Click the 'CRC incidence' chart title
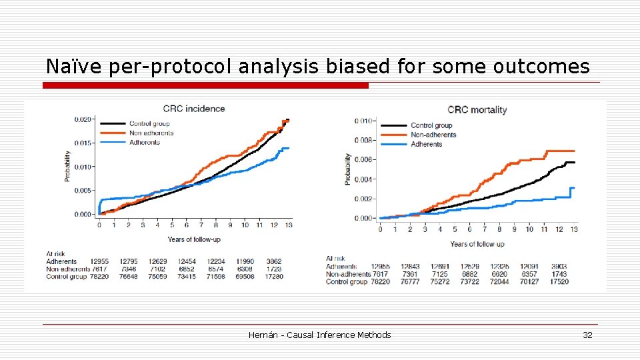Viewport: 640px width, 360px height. tap(194, 109)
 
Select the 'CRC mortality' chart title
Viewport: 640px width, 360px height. tap(477, 110)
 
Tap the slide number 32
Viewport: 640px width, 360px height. tap(587, 335)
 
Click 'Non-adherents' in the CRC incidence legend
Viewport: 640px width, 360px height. tap(151, 133)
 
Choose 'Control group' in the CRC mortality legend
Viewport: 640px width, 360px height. tap(431, 125)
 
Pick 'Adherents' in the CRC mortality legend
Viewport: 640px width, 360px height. tap(426, 144)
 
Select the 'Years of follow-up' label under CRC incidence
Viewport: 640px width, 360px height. tap(195, 239)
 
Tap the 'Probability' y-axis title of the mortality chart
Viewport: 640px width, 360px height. tap(348, 169)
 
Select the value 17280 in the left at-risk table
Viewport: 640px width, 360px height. tap(274, 277)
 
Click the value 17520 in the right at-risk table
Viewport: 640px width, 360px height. tap(559, 282)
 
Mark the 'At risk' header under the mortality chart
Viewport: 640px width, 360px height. tap(335, 259)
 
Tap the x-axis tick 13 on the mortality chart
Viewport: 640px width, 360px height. tap(574, 229)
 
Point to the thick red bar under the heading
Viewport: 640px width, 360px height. tap(205, 85)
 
